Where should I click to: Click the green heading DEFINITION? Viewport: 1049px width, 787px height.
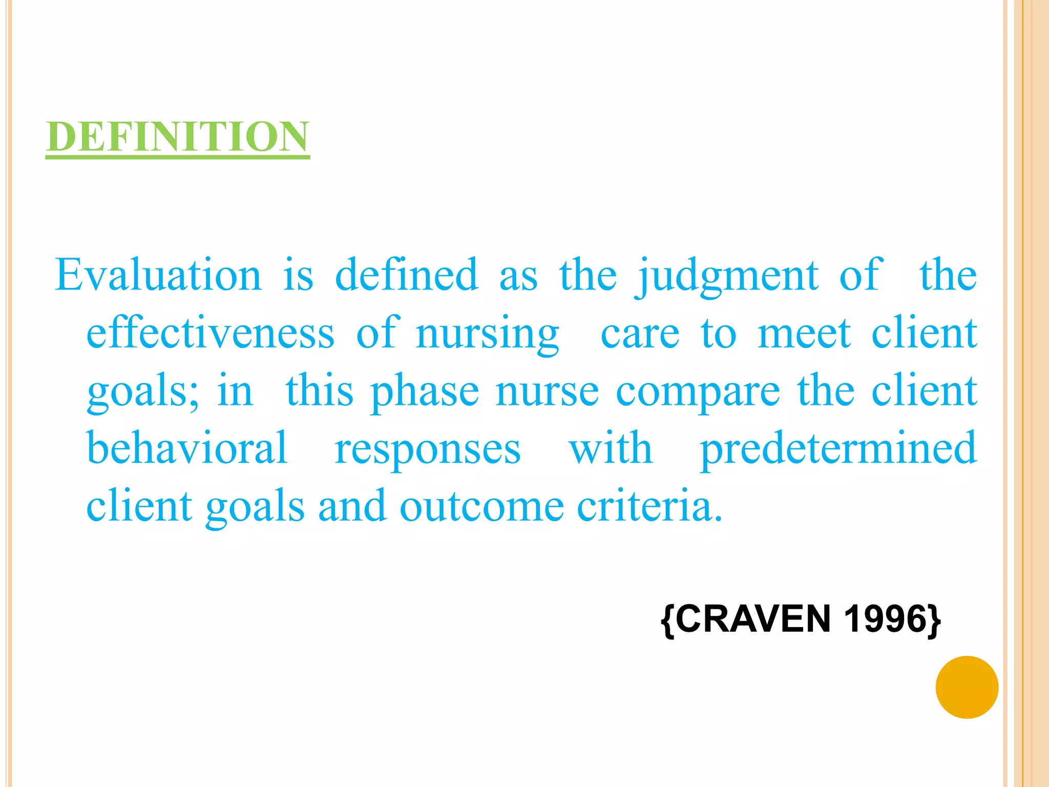pos(177,137)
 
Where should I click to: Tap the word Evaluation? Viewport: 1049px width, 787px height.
pos(158,275)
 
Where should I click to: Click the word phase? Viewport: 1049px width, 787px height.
pos(425,392)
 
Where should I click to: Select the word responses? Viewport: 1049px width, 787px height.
pos(428,450)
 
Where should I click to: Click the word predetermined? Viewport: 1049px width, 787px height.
pos(838,449)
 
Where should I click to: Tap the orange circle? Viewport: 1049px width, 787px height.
pos(967,687)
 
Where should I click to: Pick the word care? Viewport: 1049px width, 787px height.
pos(640,334)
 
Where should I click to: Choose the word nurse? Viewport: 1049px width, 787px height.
pos(547,392)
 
